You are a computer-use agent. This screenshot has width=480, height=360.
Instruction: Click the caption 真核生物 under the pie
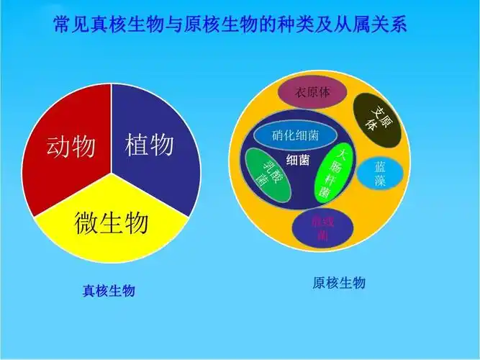[x=109, y=291]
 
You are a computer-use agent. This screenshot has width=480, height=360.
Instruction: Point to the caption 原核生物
[x=339, y=283]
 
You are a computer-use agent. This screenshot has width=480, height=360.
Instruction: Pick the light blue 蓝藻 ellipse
[x=380, y=173]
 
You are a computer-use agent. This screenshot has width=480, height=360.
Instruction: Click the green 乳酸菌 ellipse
[x=268, y=176]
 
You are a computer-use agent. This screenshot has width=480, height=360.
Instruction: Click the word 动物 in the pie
[x=71, y=147]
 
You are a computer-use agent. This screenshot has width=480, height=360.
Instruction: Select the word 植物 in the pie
[x=149, y=145]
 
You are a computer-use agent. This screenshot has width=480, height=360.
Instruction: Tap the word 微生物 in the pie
[x=112, y=223]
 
